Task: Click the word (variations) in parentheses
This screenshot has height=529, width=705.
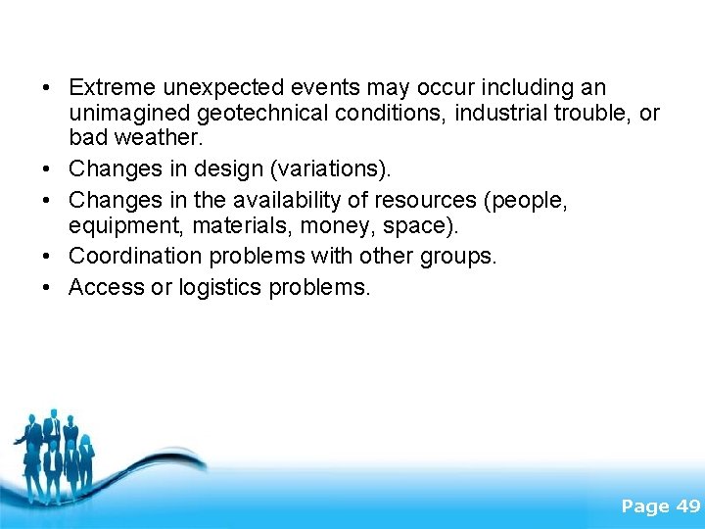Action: coord(327,169)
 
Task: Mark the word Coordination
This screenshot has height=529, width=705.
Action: coord(131,257)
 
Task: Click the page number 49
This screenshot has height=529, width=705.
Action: coord(688,506)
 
